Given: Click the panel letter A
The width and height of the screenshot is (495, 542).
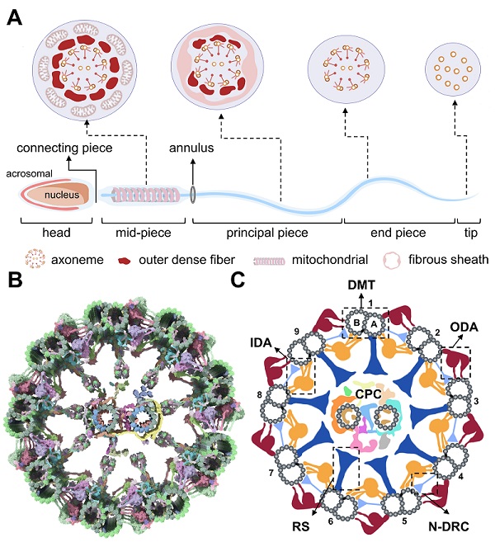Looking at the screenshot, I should (14, 16).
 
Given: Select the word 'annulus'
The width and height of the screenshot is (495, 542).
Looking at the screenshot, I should (192, 149).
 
